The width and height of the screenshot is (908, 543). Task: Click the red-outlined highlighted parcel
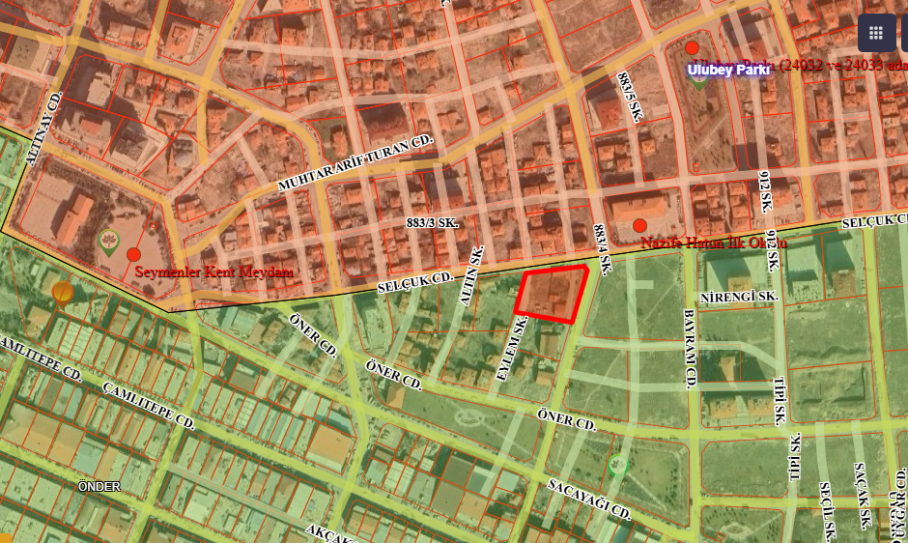(552, 294)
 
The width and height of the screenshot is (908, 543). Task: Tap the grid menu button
(876, 32)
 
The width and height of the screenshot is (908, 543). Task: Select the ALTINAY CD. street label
(44, 129)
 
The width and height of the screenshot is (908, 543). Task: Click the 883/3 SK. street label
(433, 223)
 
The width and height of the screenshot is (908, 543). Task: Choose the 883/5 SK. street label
(630, 96)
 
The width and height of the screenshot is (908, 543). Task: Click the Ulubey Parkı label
(728, 70)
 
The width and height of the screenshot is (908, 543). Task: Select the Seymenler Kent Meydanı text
(213, 272)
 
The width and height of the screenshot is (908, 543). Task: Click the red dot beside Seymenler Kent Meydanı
(134, 254)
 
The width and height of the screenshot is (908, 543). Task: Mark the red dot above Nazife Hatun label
(639, 225)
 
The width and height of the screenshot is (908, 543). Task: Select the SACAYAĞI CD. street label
(588, 499)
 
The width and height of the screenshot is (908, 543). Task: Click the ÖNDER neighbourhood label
(99, 487)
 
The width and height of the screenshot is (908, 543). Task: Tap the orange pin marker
(63, 292)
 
